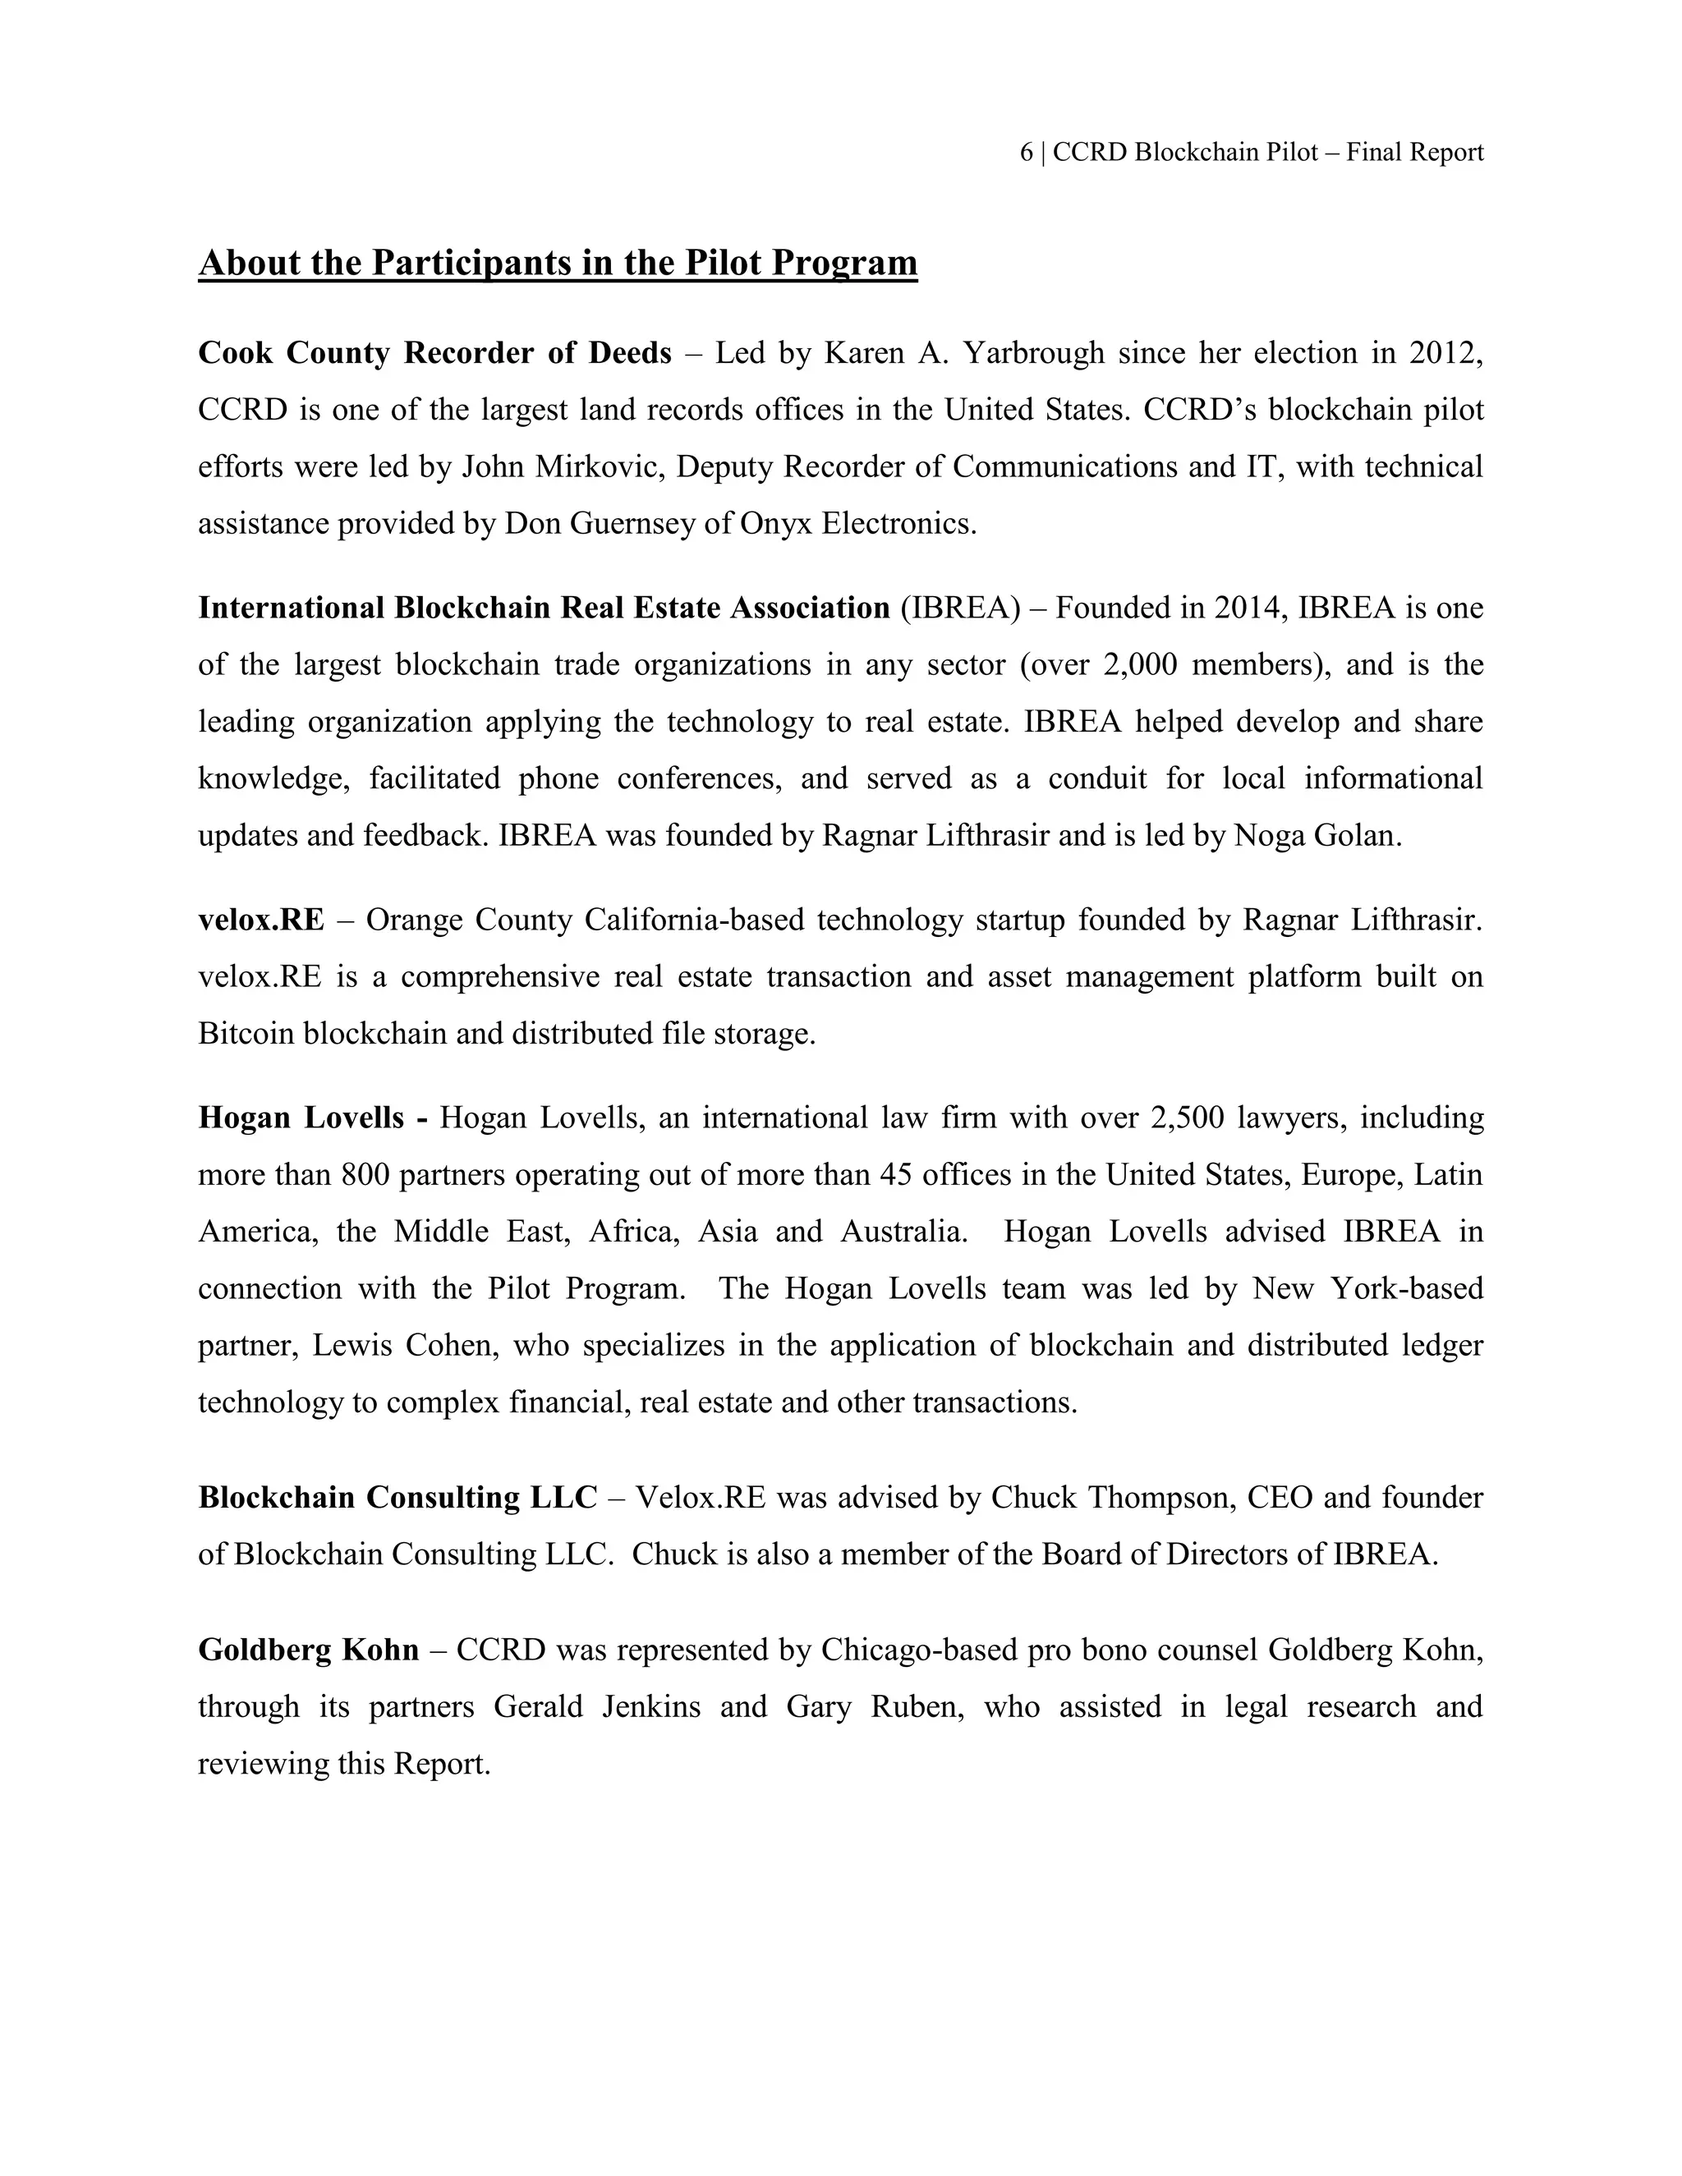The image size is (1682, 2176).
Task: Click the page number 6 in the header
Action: [x=1027, y=153]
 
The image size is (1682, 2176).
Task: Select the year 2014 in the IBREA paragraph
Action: [x=1251, y=608]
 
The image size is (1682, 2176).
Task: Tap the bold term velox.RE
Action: [x=261, y=920]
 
